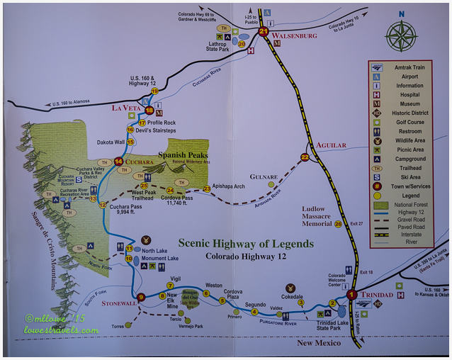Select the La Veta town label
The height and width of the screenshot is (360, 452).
[x=127, y=108]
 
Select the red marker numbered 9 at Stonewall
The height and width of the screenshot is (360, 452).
[x=141, y=297]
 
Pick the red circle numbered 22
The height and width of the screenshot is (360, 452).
[x=305, y=157]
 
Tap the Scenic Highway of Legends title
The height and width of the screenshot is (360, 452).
[x=245, y=244]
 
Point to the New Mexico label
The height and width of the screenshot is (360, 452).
[x=318, y=343]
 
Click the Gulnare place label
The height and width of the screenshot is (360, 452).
[x=263, y=176]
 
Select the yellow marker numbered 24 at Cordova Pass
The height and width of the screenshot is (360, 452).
[x=170, y=191]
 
